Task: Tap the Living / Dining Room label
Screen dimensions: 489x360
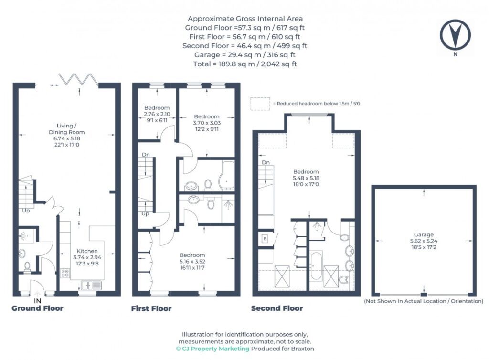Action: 66,129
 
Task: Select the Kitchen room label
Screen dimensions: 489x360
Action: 87,251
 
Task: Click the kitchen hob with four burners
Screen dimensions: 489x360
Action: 65,273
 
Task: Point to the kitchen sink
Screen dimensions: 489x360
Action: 91,285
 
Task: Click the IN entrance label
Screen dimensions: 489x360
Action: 37,301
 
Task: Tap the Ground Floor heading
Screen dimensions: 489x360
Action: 37,308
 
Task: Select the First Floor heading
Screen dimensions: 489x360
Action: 151,308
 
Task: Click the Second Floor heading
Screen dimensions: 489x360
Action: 277,308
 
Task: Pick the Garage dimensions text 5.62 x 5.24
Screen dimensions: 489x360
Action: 424,241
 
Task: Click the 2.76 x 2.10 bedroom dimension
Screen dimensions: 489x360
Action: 157,114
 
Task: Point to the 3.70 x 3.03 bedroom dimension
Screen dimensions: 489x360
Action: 207,123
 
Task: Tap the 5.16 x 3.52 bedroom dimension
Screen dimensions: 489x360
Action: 192,262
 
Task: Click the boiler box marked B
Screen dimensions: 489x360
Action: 265,239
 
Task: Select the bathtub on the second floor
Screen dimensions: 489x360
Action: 316,265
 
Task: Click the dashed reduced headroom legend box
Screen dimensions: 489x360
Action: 260,104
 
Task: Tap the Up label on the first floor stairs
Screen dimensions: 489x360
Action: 145,214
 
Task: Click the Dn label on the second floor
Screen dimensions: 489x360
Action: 266,162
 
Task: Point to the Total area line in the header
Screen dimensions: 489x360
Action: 245,64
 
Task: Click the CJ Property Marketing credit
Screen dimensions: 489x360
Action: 213,349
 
